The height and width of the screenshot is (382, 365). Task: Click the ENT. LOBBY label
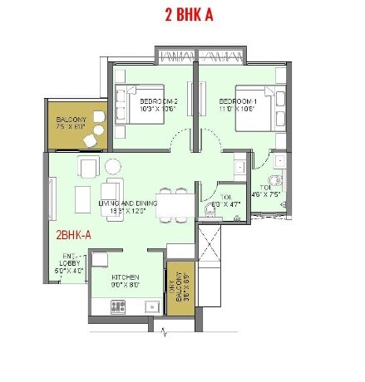(x=70, y=264)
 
